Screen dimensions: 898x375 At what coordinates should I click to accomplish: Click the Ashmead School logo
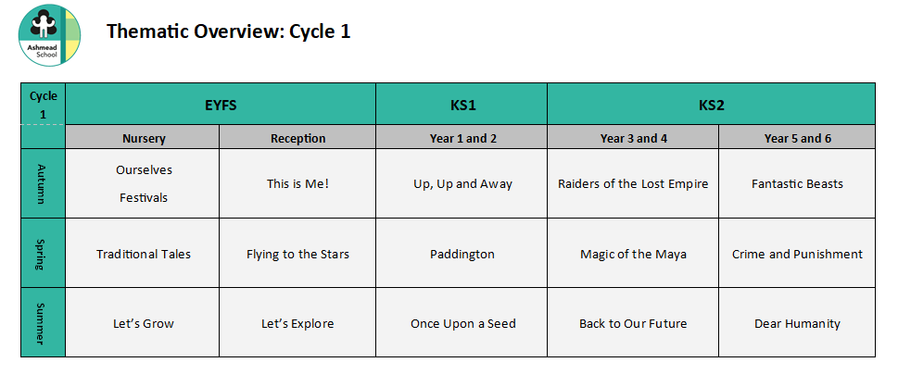pyautogui.click(x=49, y=35)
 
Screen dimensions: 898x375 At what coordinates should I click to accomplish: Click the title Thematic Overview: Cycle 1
pyautogui.click(x=228, y=31)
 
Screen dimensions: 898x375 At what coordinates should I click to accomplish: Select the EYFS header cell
pyautogui.click(x=221, y=104)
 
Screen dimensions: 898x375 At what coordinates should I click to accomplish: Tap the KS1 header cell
pyautogui.click(x=462, y=104)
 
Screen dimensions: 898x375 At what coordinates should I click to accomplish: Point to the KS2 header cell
pyautogui.click(x=712, y=104)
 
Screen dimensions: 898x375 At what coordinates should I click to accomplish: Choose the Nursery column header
pyautogui.click(x=143, y=137)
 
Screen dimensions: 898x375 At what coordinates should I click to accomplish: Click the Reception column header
pyautogui.click(x=297, y=137)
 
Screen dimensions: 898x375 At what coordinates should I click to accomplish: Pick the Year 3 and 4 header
pyautogui.click(x=633, y=137)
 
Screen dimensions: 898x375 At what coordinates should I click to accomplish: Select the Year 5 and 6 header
pyautogui.click(x=797, y=137)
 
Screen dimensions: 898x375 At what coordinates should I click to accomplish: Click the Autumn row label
pyautogui.click(x=43, y=183)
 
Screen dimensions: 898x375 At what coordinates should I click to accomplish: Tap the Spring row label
pyautogui.click(x=43, y=253)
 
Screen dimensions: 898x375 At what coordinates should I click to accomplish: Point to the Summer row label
pyautogui.click(x=43, y=322)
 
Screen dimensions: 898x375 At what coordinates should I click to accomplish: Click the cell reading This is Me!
pyautogui.click(x=297, y=183)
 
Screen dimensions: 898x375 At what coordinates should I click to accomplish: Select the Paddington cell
pyautogui.click(x=462, y=253)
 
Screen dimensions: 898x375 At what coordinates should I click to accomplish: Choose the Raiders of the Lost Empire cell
pyautogui.click(x=633, y=183)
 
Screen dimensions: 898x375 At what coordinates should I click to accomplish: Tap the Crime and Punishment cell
pyautogui.click(x=797, y=253)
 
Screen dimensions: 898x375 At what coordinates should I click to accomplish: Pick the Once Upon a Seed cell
pyautogui.click(x=462, y=322)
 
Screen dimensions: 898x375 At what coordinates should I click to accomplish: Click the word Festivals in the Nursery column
pyautogui.click(x=143, y=197)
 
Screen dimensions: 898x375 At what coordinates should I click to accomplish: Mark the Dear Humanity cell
pyautogui.click(x=797, y=322)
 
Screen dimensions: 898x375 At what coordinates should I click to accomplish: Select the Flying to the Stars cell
pyautogui.click(x=297, y=253)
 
